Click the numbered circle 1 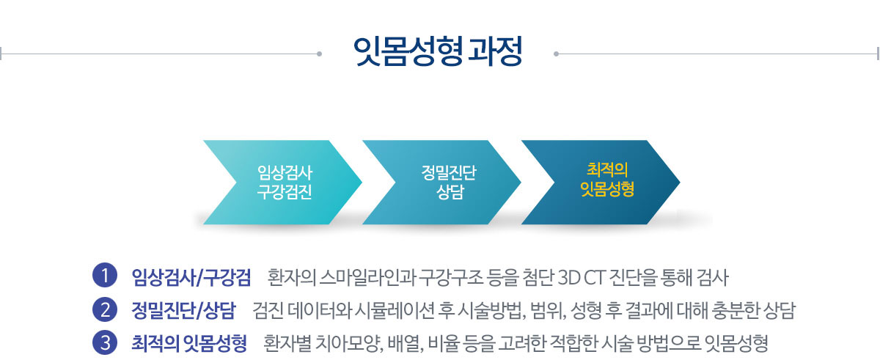[x=106, y=276]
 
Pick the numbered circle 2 [x=106, y=310]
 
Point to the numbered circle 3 [x=106, y=342]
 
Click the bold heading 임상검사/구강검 [x=191, y=277]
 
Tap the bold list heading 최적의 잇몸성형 [x=189, y=343]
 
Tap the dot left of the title [x=319, y=53]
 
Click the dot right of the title [x=556, y=53]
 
